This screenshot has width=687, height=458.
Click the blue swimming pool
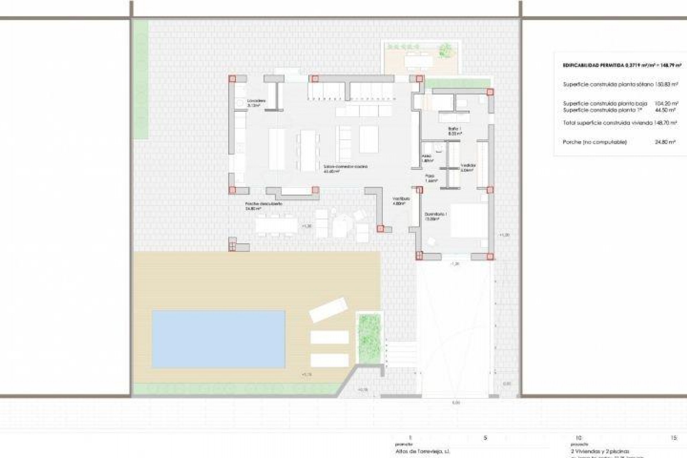tap(219, 339)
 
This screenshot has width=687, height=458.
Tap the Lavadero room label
tap(256, 103)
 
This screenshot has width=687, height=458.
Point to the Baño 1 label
tap(455, 131)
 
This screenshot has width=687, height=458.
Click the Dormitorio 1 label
tap(436, 216)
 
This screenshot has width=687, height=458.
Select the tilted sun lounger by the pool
tap(328, 310)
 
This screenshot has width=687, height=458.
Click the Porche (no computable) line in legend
tap(595, 142)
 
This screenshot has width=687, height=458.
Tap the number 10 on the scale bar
tap(578, 438)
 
